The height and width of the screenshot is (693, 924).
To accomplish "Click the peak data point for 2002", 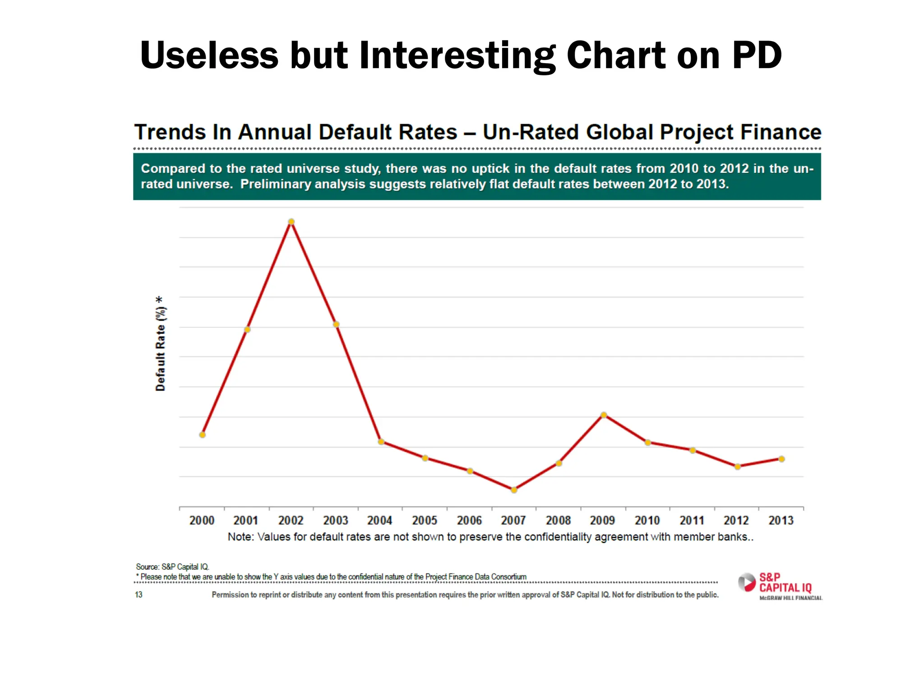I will pos(291,222).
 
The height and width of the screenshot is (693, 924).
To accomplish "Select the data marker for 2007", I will pos(514,490).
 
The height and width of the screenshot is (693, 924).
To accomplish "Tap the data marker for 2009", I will pos(603,415).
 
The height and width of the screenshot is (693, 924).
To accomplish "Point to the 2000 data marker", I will pos(202,435).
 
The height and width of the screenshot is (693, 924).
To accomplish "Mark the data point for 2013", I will pos(781,459).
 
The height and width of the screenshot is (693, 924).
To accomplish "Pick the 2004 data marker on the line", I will pos(381,442).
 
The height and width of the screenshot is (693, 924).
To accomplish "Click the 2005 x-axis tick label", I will pos(425,521).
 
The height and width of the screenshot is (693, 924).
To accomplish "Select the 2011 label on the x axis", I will pos(692,521).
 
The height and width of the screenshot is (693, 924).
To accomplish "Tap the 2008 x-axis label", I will pos(558,521).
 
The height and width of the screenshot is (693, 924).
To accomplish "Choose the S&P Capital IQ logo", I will pos(780,586).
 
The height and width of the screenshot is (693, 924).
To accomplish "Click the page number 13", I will pos(139,595).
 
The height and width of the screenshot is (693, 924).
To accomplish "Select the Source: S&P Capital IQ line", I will pos(172,567).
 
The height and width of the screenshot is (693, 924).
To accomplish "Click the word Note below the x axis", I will pos(240,537).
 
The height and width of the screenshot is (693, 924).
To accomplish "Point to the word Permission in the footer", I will pos(230,595).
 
